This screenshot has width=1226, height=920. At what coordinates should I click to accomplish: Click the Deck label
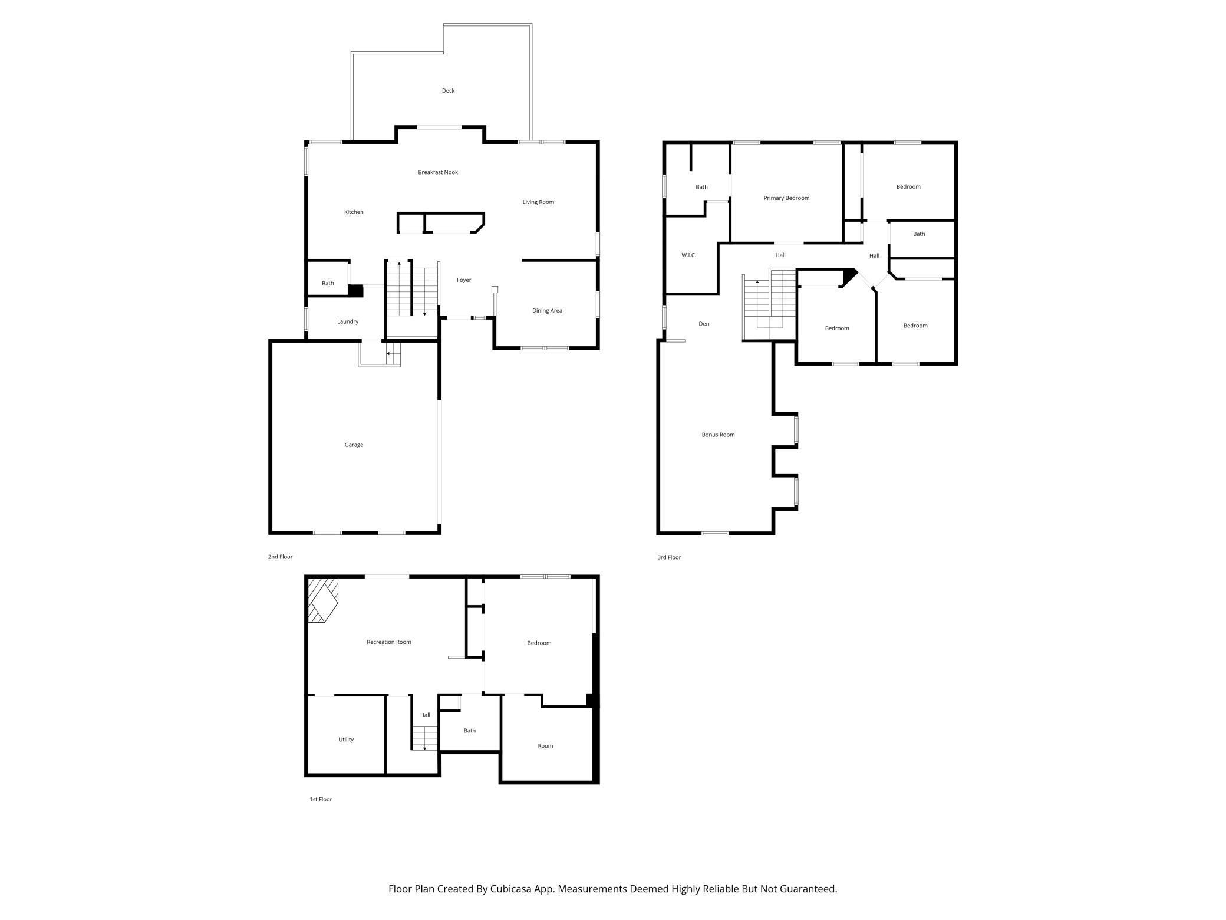[448, 91]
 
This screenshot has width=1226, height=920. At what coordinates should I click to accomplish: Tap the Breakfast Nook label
[438, 172]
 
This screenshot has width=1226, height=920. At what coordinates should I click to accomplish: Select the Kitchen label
[354, 212]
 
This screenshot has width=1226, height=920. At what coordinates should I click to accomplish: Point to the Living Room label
[538, 202]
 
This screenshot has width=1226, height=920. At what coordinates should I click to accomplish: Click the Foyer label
[464, 280]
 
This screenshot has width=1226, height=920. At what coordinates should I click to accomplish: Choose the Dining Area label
[547, 311]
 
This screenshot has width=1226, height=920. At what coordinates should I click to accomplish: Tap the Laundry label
[348, 322]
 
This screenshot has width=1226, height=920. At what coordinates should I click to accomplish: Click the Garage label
[354, 445]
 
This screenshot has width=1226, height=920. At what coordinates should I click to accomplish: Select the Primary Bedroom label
[786, 198]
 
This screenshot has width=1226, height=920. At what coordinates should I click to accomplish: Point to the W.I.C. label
[688, 255]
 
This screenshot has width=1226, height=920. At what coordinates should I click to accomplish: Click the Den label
[704, 324]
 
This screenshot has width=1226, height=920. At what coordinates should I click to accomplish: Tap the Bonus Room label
[718, 435]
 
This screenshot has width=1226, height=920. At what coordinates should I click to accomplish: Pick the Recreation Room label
[389, 642]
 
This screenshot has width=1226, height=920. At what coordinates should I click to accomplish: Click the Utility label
[346, 740]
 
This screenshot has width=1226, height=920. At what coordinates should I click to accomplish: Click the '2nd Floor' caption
[280, 557]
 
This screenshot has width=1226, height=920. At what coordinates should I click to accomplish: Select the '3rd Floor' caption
[669, 557]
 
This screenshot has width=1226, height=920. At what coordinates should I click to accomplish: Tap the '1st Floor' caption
[321, 800]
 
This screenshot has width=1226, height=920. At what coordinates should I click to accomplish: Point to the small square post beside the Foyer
[495, 290]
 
